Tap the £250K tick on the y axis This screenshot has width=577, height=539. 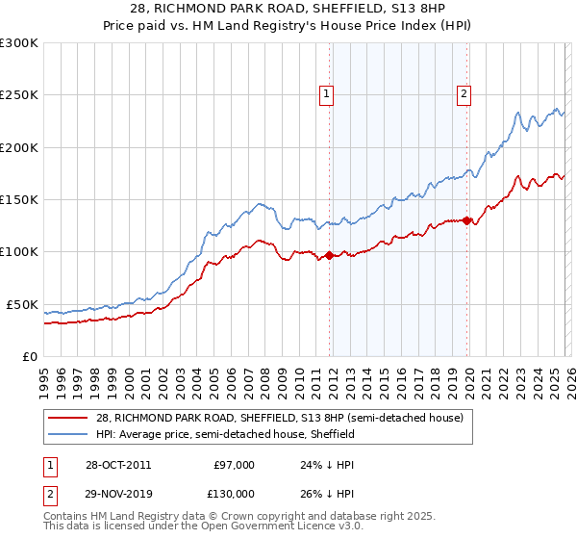19,95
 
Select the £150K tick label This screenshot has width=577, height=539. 19,199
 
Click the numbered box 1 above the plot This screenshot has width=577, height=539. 327,94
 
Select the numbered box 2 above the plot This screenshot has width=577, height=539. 464,94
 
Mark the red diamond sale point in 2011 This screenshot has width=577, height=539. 329,255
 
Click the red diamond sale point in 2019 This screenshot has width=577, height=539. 466,220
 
